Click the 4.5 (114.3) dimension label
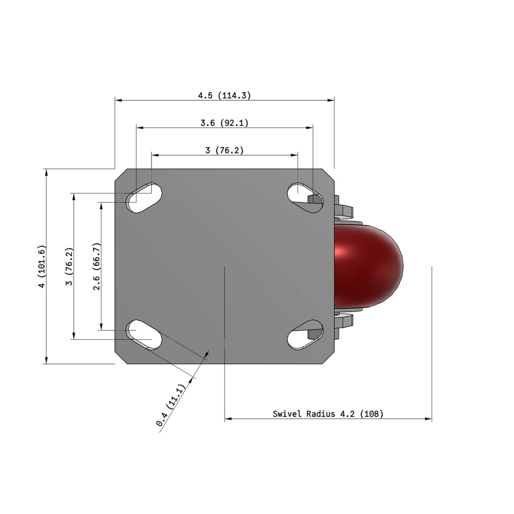[x=224, y=95]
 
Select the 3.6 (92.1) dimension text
[x=224, y=123]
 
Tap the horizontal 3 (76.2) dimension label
[x=224, y=150]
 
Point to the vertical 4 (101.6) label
[x=42, y=266]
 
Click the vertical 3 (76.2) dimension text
[x=69, y=266]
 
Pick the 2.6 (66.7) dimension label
[x=97, y=266]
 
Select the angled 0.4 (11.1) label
[x=171, y=405]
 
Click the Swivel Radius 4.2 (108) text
[x=328, y=414]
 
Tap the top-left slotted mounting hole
[x=145, y=198]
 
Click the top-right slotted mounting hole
[x=305, y=198]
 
